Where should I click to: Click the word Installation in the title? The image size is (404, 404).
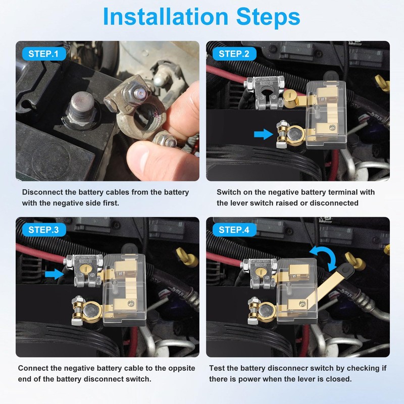click(165, 17)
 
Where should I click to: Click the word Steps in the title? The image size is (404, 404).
click(268, 17)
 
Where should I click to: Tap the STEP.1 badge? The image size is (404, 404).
click(43, 54)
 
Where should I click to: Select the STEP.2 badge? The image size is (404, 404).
click(234, 54)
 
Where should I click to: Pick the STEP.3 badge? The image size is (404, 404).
click(43, 230)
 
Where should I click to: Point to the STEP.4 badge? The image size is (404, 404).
click(234, 230)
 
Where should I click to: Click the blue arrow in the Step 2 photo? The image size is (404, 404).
click(263, 134)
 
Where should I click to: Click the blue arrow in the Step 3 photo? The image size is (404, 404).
click(54, 274)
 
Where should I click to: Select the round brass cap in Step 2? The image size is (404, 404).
click(290, 97)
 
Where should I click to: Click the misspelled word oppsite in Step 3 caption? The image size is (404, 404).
click(182, 368)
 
